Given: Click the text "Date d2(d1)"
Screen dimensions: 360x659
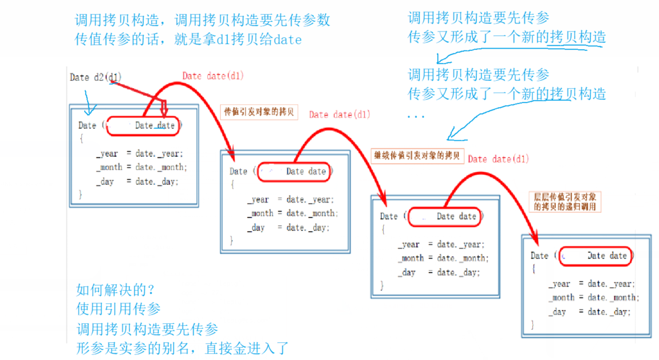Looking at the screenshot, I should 96,77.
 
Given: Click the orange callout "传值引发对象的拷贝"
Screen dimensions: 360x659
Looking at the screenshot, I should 259,112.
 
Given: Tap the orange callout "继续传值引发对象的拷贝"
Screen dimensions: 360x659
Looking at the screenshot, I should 417,155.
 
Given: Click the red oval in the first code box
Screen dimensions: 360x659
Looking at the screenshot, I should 143,126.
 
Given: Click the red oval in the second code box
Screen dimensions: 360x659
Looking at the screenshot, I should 294,171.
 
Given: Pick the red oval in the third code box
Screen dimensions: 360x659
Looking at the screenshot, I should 444,216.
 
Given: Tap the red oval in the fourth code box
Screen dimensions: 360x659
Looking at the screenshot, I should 595,256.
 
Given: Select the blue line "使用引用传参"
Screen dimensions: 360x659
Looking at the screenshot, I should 119,309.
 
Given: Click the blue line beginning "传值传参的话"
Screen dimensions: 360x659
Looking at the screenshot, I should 188,40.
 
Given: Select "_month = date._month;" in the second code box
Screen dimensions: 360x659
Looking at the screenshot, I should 293,213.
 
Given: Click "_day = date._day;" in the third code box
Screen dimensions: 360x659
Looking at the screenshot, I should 439,272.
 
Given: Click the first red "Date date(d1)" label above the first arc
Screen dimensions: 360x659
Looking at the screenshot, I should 213,76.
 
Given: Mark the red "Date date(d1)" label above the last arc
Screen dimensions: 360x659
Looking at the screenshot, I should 498,159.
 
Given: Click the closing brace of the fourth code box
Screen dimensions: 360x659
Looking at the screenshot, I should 533,325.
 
